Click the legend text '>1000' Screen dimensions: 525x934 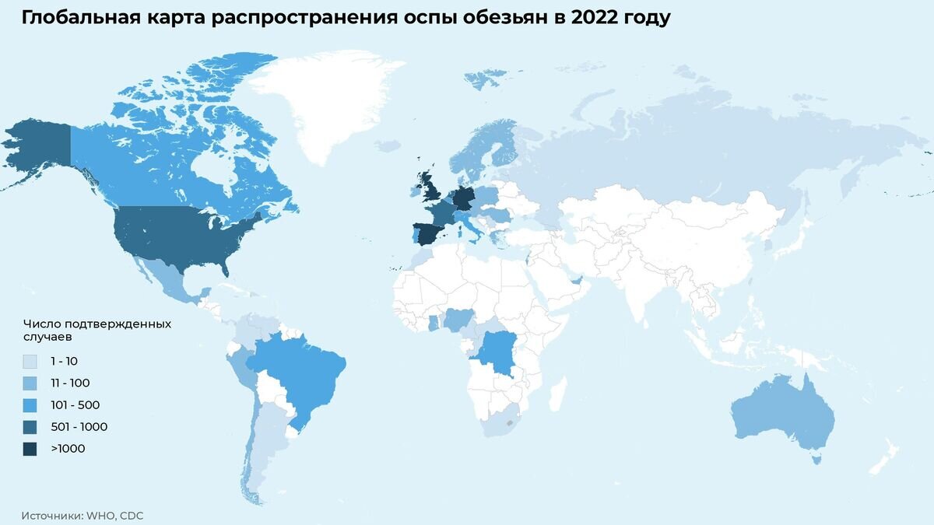click(x=68, y=449)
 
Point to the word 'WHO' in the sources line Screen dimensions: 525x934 click(x=101, y=516)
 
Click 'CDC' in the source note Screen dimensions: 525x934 click(x=132, y=516)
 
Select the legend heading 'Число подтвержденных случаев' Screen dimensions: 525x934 click(x=97, y=331)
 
